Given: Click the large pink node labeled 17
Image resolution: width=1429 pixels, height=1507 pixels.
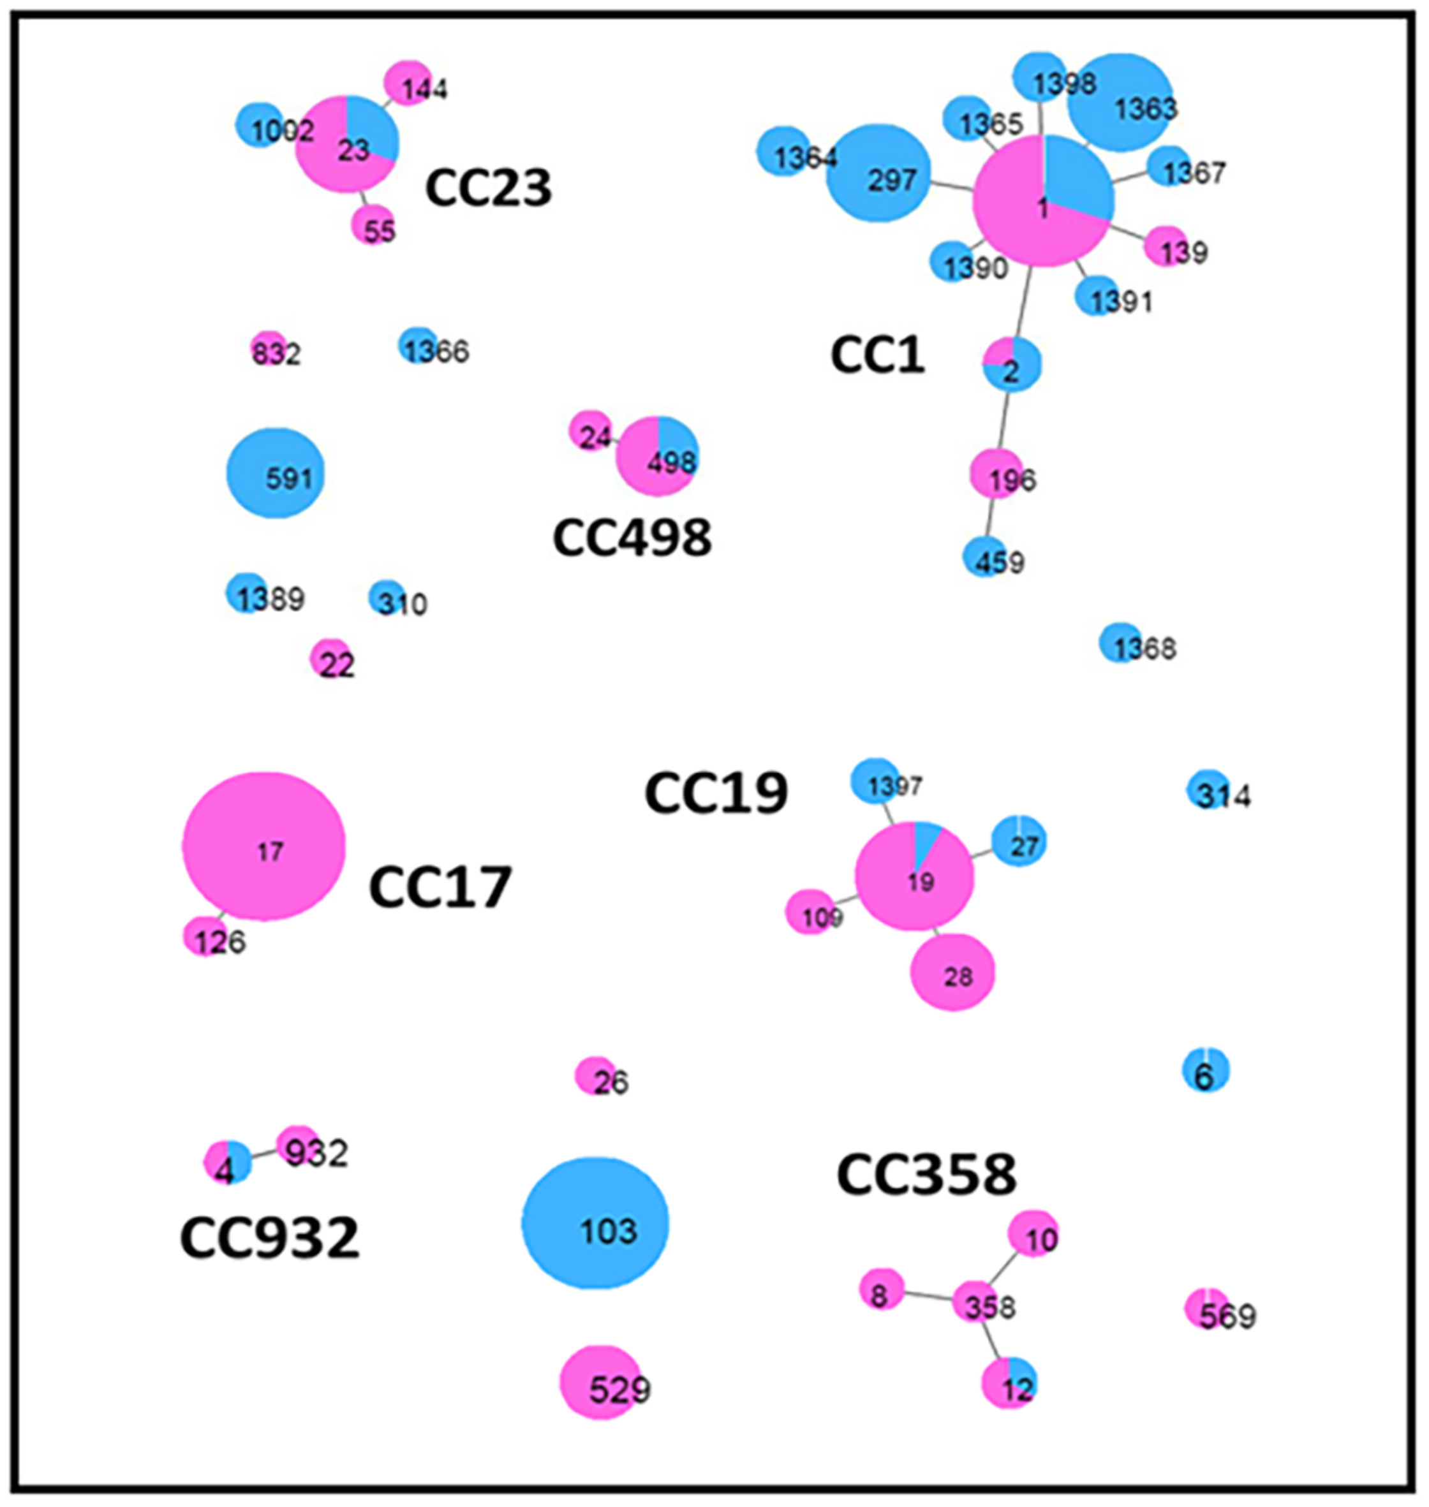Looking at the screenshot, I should (x=263, y=846).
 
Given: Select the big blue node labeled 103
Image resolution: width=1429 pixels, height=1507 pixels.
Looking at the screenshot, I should (x=595, y=1224).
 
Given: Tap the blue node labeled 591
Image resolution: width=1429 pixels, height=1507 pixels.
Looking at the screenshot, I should (x=275, y=473).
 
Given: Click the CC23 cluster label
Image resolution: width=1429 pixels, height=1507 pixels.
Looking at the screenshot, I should (x=488, y=188).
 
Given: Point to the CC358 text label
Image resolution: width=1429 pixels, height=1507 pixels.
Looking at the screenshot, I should (x=926, y=1174).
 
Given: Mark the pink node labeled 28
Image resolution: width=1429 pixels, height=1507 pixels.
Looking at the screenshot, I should (x=953, y=973).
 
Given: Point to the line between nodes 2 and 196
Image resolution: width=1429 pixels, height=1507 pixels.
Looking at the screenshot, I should (x=1004, y=421).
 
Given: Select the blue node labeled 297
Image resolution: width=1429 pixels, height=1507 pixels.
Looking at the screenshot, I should (x=878, y=173).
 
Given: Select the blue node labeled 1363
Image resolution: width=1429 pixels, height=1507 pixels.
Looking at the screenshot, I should (x=1119, y=103).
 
